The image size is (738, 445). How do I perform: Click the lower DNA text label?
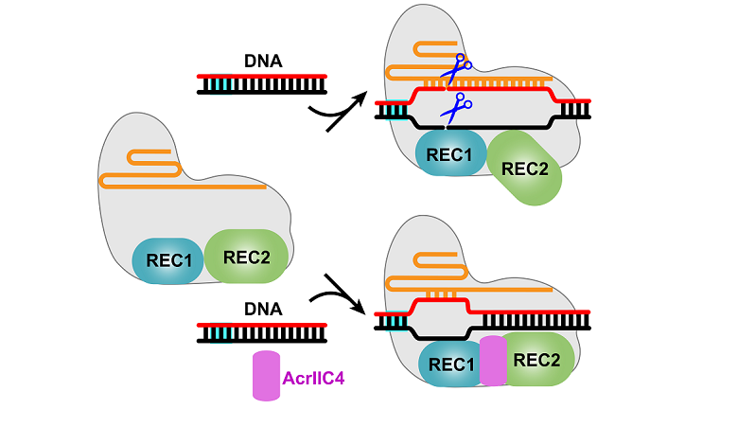click(x=263, y=310)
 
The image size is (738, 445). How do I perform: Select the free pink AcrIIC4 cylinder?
click(x=266, y=375)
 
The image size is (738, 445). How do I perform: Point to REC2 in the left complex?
click(x=246, y=256)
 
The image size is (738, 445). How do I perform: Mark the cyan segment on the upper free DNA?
click(x=220, y=85)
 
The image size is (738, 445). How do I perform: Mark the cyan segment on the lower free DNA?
click(x=220, y=332)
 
